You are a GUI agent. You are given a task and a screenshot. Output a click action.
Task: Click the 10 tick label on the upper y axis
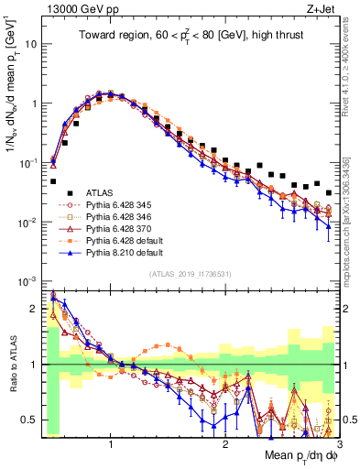coord(29,44)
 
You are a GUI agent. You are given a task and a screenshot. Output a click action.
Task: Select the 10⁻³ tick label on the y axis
coord(27,281)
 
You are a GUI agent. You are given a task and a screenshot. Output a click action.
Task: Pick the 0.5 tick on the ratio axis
coord(29,420)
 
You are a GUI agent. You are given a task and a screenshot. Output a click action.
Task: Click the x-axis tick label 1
coord(111,442)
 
